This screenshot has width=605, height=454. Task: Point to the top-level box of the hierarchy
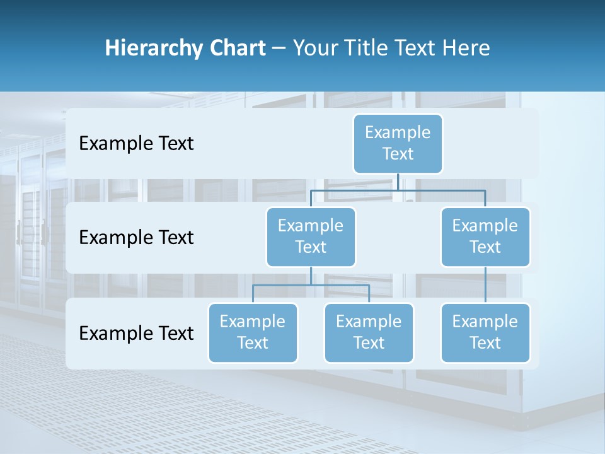point(398,143)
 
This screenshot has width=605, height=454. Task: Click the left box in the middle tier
point(311,236)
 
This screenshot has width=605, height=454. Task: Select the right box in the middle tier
point(485,236)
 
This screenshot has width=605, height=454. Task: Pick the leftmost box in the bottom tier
point(253,332)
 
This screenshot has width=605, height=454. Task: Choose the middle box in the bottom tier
point(369,332)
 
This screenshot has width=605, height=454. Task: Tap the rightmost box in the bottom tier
point(485,332)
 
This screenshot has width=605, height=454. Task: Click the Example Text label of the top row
point(136,143)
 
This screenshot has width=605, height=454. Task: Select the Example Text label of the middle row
point(136,237)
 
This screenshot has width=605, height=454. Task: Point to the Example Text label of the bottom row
point(136,333)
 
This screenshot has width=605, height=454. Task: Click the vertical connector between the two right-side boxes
point(485,285)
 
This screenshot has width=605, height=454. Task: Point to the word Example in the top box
point(398,132)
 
